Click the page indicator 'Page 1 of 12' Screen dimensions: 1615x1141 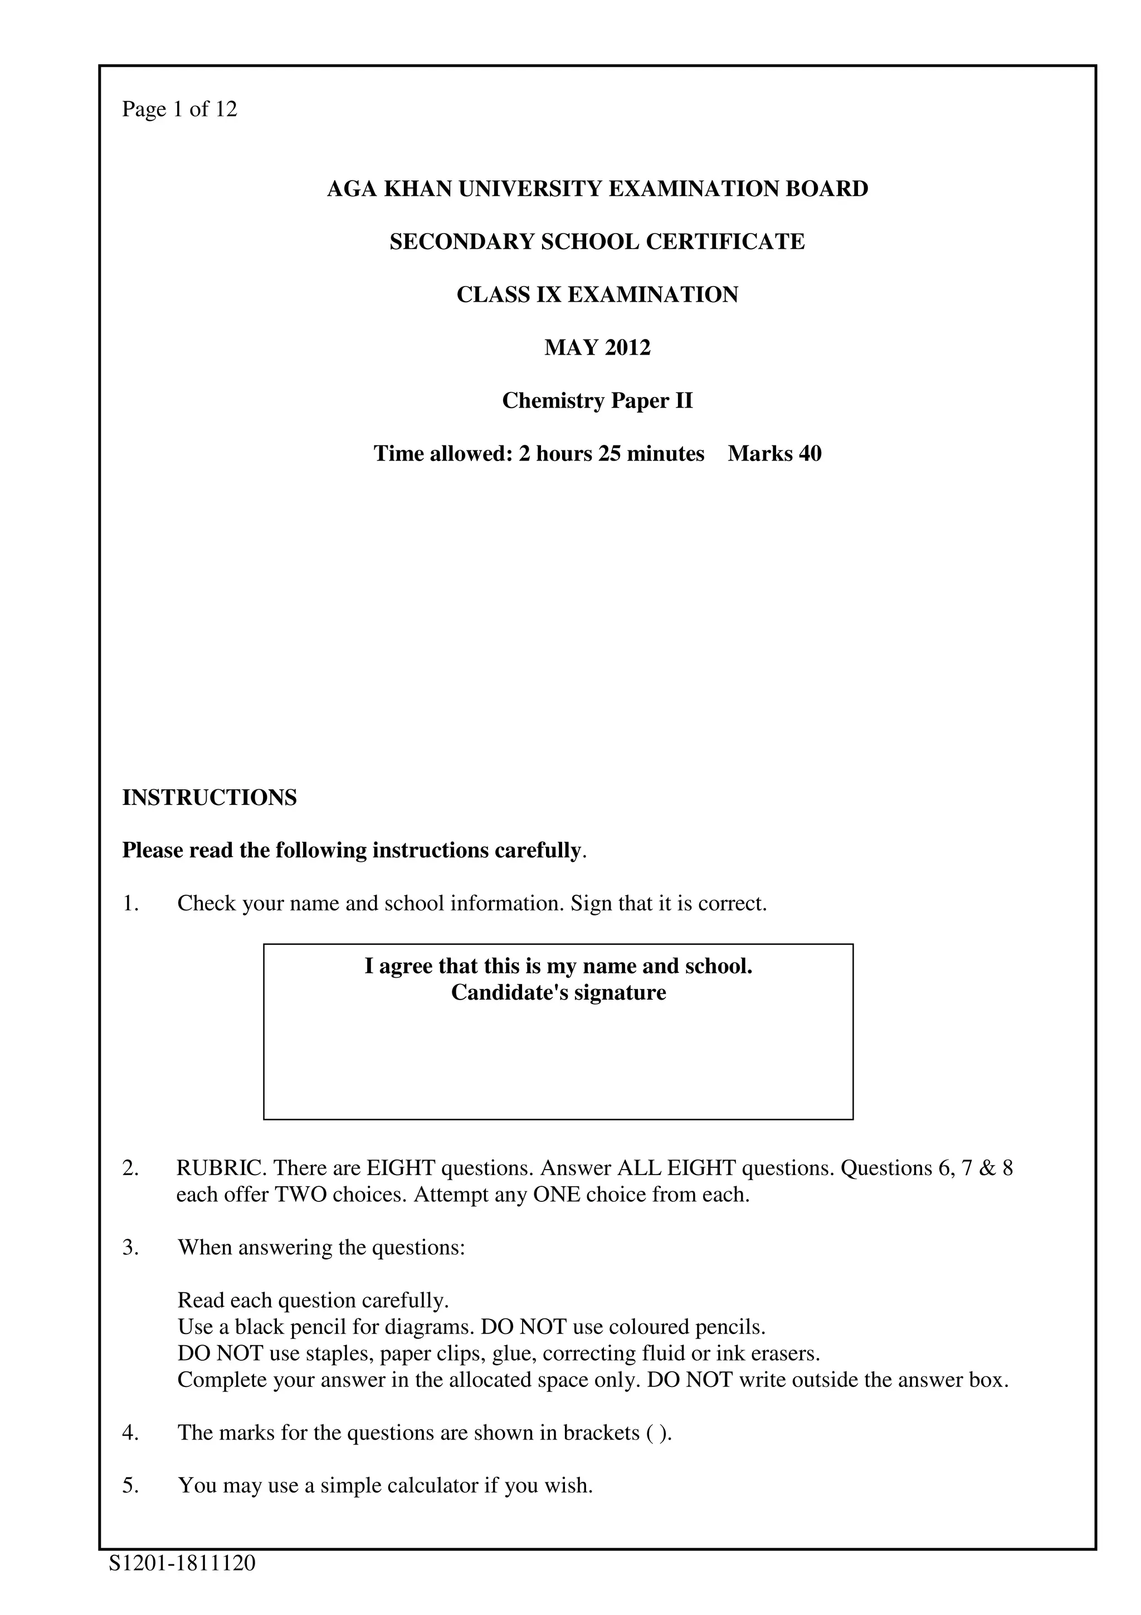point(179,109)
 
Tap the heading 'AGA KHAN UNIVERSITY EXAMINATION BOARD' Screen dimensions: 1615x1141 point(598,188)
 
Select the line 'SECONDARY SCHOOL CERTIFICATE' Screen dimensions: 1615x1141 point(598,241)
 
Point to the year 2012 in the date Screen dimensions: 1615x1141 point(627,347)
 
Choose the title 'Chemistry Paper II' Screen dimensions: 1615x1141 point(598,400)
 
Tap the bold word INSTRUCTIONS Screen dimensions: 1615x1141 point(209,798)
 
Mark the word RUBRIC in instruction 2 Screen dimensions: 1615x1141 point(220,1168)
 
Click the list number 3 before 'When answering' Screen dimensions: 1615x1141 point(129,1247)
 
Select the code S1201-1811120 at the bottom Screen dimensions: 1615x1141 point(182,1563)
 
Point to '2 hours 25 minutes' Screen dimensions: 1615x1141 point(612,453)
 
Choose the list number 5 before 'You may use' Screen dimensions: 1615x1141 point(129,1486)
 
